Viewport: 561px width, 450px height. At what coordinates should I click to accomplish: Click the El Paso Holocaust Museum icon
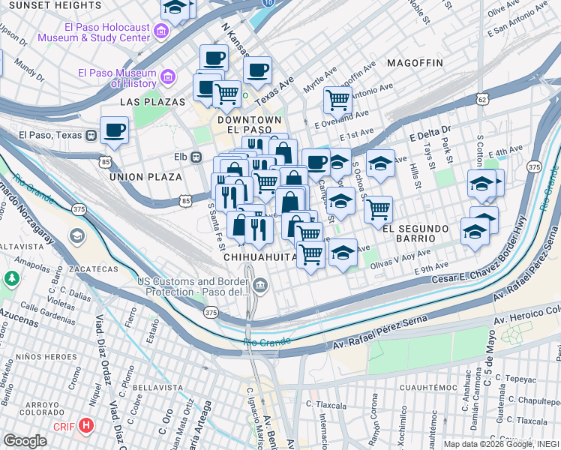coord(161,31)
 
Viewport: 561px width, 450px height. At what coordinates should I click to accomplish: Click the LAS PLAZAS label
coord(152,101)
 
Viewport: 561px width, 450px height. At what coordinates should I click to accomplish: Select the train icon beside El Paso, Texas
coord(91,135)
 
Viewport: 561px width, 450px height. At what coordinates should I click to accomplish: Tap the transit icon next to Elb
coord(197,157)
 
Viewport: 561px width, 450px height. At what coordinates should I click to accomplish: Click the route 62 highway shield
coord(481,99)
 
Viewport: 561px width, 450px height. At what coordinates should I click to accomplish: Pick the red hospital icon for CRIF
coord(86,426)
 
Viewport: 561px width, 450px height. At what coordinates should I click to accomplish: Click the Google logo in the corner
coord(25,441)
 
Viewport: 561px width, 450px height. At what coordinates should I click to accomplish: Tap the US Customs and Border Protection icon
coord(259,283)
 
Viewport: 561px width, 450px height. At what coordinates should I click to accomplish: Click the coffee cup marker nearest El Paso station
coord(114,130)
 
